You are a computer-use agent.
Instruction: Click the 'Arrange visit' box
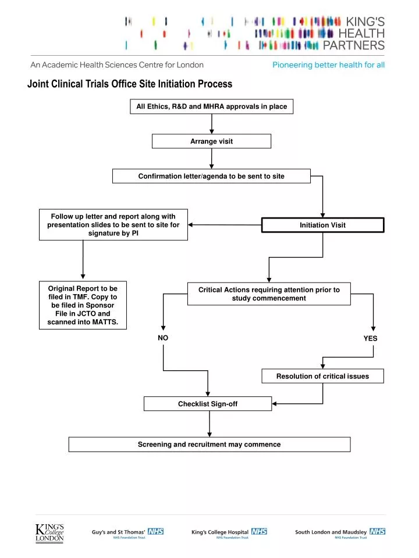211,141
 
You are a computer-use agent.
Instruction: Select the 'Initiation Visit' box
322,225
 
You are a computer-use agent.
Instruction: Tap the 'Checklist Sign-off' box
207,403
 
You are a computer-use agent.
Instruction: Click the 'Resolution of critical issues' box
322,376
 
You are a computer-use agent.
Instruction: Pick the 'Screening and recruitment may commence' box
209,444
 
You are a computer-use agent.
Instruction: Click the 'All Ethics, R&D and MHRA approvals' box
211,106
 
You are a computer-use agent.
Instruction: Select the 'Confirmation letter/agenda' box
211,176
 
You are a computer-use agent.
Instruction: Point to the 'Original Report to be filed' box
83,306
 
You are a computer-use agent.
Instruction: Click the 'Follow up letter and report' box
113,224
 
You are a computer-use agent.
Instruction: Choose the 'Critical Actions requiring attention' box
269,294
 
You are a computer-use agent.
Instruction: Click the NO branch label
163,338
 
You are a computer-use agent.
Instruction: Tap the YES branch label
370,338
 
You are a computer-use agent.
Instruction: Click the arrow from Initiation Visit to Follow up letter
225,224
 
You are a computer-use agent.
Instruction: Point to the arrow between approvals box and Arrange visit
211,124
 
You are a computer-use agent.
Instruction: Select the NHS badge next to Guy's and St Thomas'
155,531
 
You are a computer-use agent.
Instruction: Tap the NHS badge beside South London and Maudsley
377,531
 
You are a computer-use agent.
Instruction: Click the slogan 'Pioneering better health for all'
328,65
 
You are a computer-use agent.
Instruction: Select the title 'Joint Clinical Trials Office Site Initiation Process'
130,84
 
